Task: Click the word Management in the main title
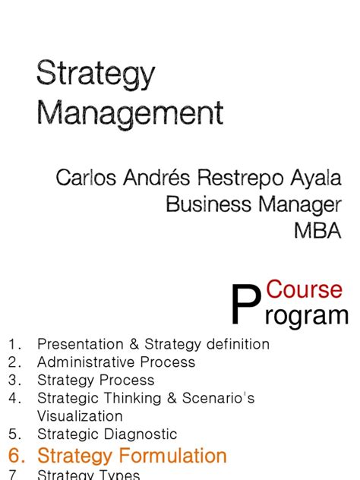point(130,114)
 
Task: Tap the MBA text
point(318,230)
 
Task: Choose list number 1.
point(14,345)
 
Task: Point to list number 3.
point(14,381)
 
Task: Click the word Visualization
point(80,416)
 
